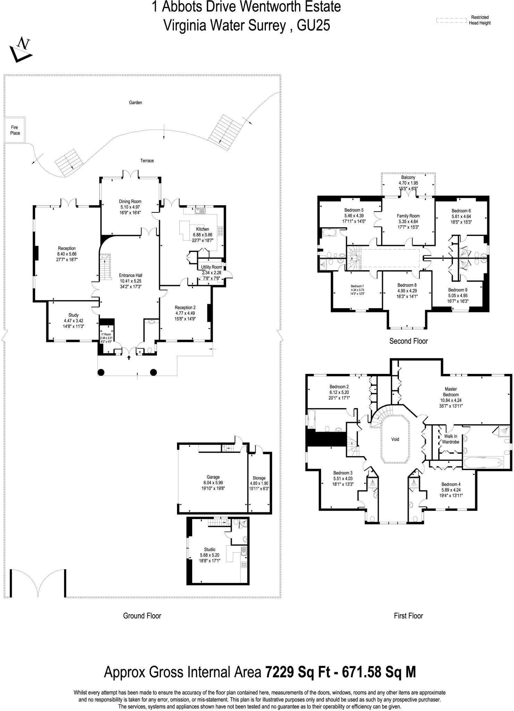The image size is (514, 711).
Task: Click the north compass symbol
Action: (21, 49)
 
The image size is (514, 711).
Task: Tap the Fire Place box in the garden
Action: (15, 130)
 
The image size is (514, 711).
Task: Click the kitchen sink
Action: (201, 211)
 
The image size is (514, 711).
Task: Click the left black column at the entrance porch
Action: (101, 373)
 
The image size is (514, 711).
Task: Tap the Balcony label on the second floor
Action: (408, 177)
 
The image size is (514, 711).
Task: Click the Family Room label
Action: (408, 216)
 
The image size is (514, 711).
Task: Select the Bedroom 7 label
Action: (357, 286)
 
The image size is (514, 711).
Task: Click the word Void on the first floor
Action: (395, 439)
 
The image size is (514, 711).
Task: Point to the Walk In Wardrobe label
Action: (450, 439)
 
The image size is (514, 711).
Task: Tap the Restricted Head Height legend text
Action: (480, 20)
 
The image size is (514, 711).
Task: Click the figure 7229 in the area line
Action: (280, 672)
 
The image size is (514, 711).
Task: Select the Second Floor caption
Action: (408, 341)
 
